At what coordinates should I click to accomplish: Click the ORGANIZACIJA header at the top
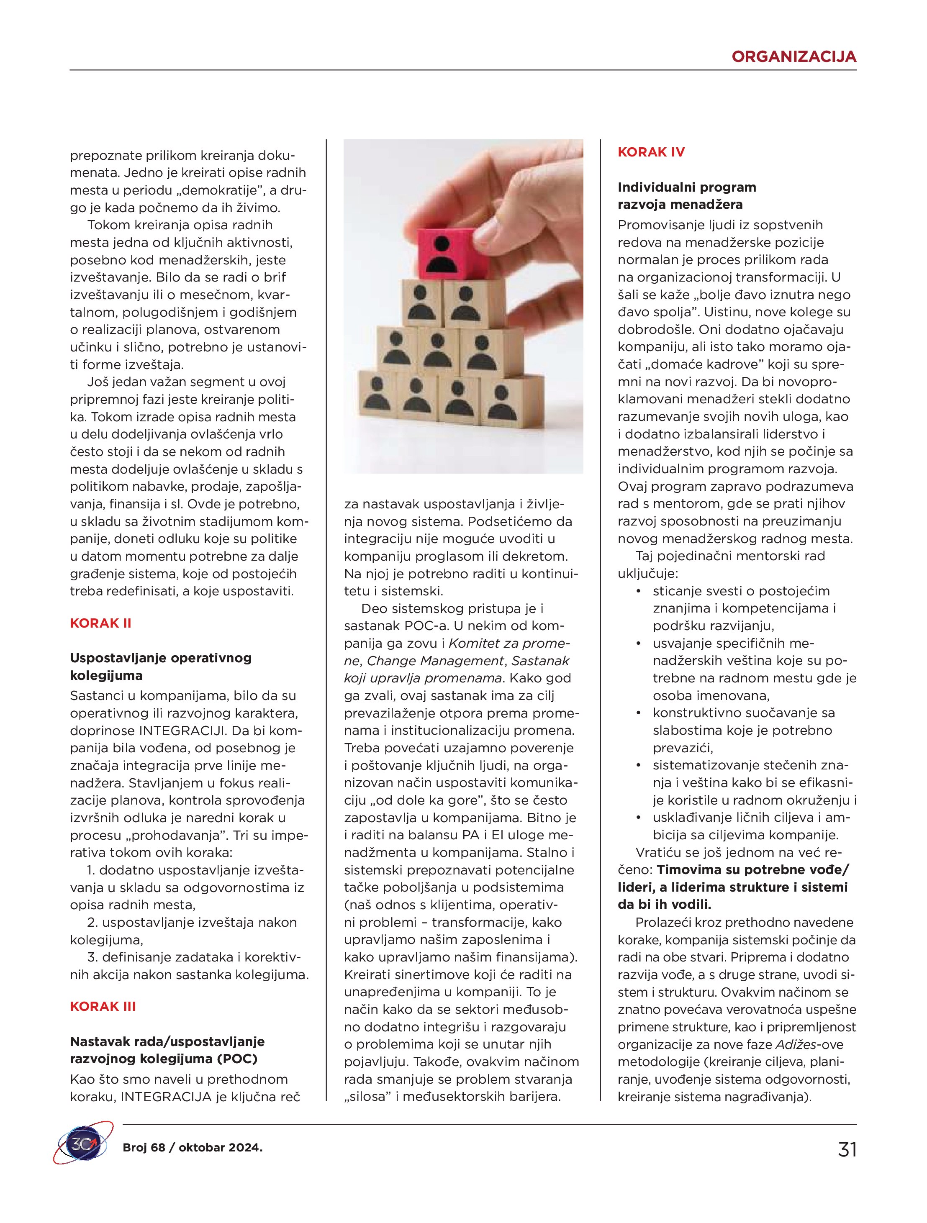(x=793, y=56)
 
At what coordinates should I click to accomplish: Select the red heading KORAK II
(x=101, y=623)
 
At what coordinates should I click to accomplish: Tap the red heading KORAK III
(x=103, y=1006)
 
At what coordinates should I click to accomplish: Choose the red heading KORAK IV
(x=651, y=152)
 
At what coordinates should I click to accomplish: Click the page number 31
(x=847, y=1149)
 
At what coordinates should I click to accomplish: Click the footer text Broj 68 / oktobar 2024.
(x=193, y=1147)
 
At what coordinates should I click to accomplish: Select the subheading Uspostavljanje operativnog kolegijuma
(x=160, y=666)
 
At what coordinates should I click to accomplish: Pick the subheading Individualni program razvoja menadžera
(x=686, y=196)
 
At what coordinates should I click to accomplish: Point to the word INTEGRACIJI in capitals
(x=182, y=731)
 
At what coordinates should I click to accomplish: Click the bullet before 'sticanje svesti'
(x=639, y=591)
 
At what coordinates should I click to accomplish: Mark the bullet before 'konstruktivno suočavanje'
(x=639, y=713)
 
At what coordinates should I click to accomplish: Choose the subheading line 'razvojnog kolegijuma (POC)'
(x=164, y=1059)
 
